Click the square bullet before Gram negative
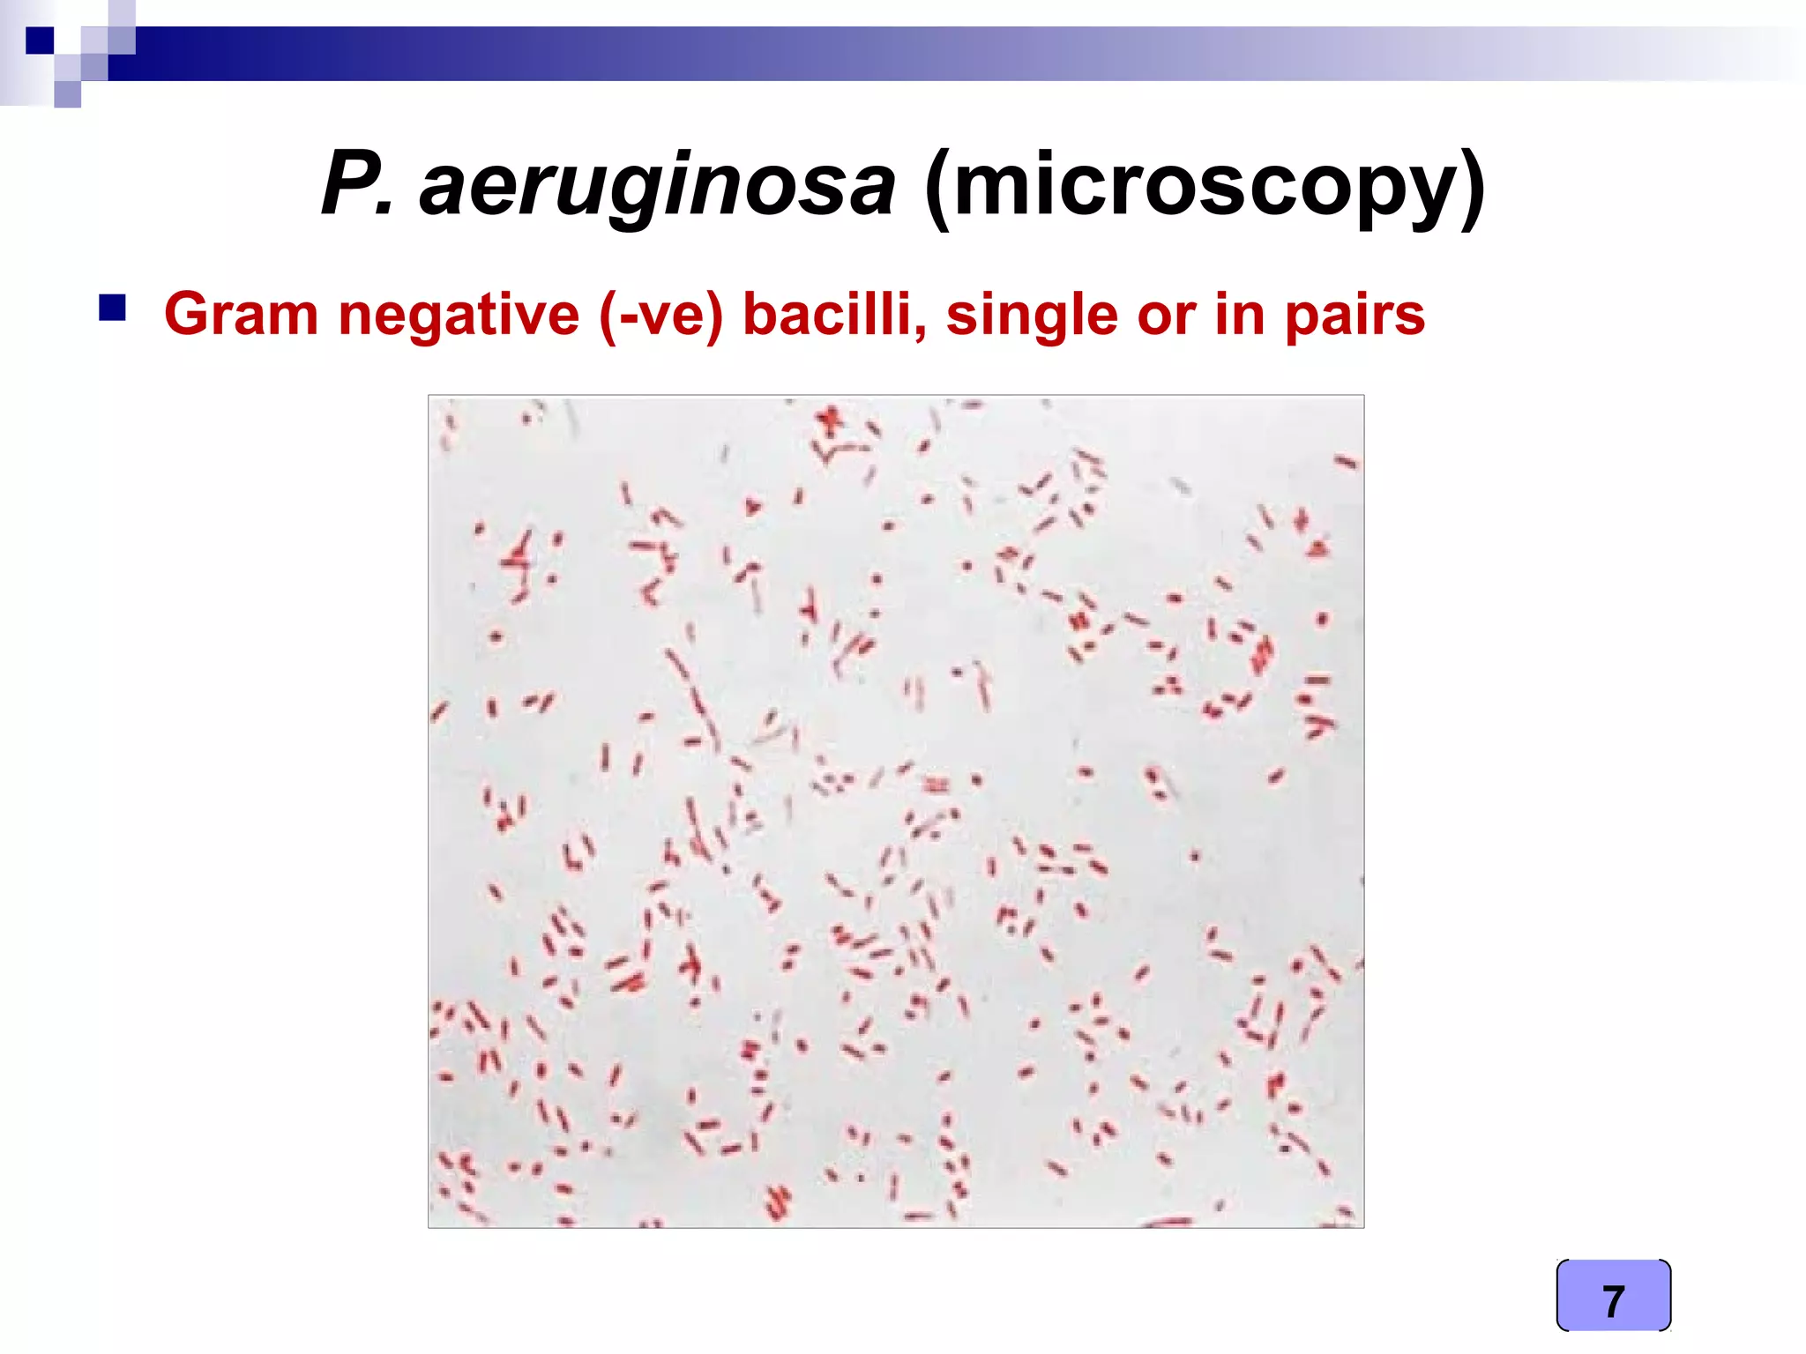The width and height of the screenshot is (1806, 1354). click(112, 309)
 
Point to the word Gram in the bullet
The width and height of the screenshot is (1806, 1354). click(241, 315)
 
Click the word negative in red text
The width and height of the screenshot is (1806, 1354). click(459, 315)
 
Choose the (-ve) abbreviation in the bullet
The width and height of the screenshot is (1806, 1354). click(660, 315)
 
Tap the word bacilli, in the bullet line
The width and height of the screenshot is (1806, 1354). click(834, 315)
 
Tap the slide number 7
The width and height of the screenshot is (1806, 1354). click(1613, 1301)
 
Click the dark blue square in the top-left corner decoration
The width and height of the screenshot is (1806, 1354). click(40, 41)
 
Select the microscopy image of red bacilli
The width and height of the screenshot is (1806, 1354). click(895, 811)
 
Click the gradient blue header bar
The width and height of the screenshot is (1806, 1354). click(882, 53)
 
